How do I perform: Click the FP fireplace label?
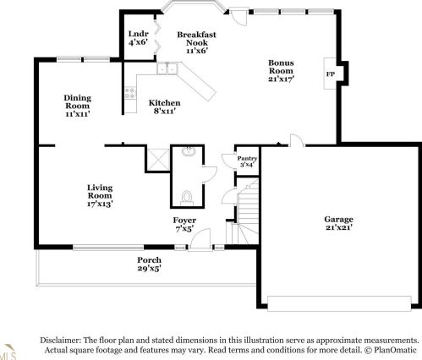[331, 74]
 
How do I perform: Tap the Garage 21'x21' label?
[338, 223]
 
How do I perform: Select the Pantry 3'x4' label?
[247, 161]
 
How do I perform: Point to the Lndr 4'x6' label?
[138, 38]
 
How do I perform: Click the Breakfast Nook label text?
[196, 39]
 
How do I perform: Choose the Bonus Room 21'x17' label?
[281, 70]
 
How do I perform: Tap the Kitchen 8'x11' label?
[165, 106]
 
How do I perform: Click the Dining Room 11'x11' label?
[78, 106]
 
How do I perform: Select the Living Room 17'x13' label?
[100, 195]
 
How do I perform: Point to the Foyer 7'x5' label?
[184, 224]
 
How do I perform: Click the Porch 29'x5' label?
[150, 264]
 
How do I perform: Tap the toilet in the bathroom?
[187, 197]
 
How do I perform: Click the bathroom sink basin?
[189, 151]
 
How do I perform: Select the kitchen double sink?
[167, 68]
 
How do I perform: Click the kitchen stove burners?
[130, 93]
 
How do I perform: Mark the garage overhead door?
[339, 303]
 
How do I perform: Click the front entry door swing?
[200, 239]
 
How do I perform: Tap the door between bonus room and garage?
[297, 140]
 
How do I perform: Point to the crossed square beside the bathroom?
[158, 159]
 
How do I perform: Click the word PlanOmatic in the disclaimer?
[395, 350]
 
